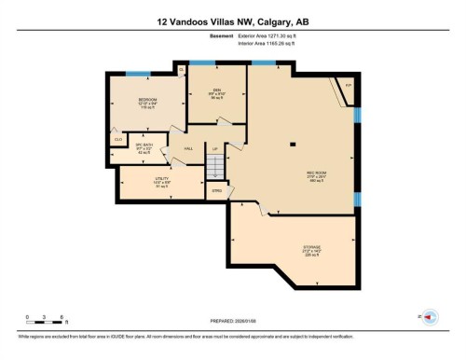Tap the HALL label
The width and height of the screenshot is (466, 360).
(188, 149)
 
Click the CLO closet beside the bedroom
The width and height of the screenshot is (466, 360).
(118, 140)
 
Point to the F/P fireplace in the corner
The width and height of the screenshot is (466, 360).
(347, 86)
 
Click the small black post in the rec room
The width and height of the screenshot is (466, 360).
(293, 143)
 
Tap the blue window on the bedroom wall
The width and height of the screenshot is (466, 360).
(139, 74)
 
